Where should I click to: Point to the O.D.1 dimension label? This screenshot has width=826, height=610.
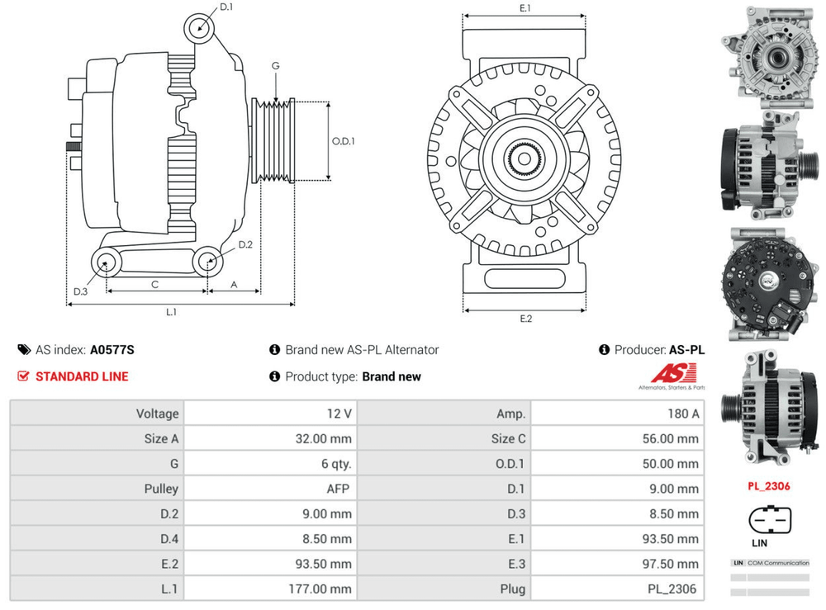click(344, 141)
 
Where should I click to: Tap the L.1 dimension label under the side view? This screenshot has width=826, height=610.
click(172, 312)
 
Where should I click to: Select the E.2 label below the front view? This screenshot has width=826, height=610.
click(525, 319)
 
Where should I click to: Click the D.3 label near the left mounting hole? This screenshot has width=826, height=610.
click(80, 291)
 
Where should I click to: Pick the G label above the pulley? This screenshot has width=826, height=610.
click(275, 66)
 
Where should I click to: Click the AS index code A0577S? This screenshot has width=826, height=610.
click(112, 350)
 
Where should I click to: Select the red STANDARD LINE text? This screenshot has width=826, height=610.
click(82, 376)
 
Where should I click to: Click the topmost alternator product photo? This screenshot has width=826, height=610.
click(768, 57)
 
